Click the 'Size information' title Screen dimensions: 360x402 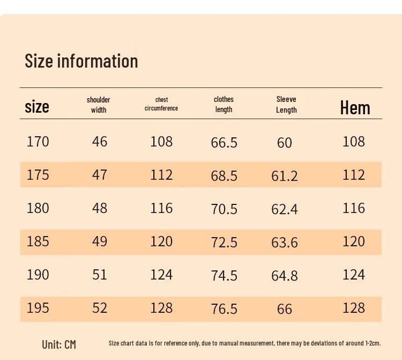click(x=81, y=61)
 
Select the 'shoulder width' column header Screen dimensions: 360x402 click(x=99, y=105)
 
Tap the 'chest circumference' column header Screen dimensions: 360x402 click(x=161, y=104)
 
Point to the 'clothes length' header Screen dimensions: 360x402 click(x=224, y=104)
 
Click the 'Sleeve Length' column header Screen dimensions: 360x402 click(x=286, y=105)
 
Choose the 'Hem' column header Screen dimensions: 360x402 click(x=355, y=108)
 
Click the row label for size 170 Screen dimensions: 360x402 click(x=38, y=142)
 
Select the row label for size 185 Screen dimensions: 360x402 click(x=38, y=241)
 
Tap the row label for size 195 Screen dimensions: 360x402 click(x=38, y=308)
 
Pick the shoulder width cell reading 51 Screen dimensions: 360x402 click(x=100, y=275)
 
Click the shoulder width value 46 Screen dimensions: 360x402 click(x=100, y=142)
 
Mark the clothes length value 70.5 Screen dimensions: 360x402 click(x=224, y=209)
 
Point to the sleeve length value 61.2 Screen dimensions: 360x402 click(x=285, y=176)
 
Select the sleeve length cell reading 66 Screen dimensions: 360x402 click(x=285, y=309)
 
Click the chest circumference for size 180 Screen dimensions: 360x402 click(x=161, y=208)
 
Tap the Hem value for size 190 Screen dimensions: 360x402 click(x=354, y=275)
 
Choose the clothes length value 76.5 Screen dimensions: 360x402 click(x=224, y=309)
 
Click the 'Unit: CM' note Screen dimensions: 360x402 click(x=59, y=344)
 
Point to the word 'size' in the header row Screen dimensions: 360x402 click(x=37, y=107)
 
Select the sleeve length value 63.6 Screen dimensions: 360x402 click(x=285, y=243)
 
